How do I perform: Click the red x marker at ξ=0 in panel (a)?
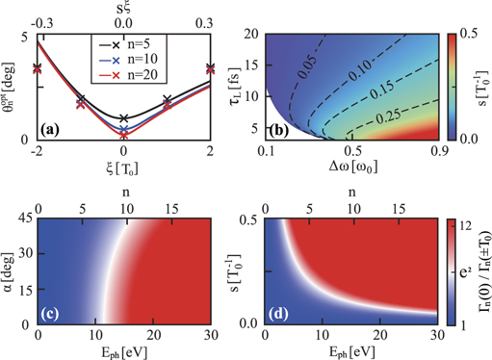click(x=123, y=136)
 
